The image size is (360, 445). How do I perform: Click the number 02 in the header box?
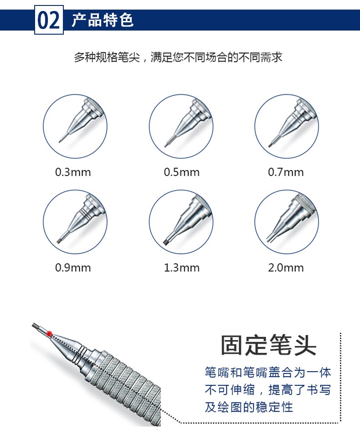point(49,20)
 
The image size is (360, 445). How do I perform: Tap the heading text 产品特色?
point(103,20)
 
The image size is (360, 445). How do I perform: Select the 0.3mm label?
point(73,172)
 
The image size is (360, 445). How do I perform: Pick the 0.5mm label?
point(181,172)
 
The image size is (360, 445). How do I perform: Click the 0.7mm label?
point(286,172)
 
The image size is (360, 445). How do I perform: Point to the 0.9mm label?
point(73,268)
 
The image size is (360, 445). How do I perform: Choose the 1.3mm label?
point(181,268)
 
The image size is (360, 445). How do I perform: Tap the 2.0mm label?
point(286,268)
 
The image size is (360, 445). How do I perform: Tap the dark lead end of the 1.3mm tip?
point(166,242)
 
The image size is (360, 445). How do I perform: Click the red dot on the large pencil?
point(49,333)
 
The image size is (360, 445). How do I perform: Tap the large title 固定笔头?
point(268,345)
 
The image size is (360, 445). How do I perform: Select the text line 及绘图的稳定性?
point(249,407)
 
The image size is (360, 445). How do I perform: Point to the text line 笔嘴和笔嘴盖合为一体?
point(268,373)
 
